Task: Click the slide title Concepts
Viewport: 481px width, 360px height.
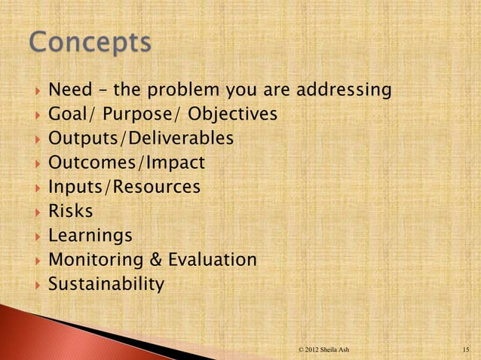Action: tap(90, 44)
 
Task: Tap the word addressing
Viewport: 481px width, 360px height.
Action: tap(345, 91)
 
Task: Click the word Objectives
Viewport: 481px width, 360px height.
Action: tap(233, 115)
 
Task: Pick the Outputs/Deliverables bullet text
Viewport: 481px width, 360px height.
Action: tap(141, 139)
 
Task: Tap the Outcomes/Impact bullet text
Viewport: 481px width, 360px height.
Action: tap(127, 163)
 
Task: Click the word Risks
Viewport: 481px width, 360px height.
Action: tap(71, 212)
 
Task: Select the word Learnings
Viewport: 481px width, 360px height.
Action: tap(90, 236)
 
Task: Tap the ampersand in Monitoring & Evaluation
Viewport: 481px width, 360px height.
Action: tap(154, 260)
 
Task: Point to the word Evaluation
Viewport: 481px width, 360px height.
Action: tap(212, 260)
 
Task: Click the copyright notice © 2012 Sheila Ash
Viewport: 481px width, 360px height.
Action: tap(323, 349)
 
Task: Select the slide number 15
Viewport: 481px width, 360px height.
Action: tap(467, 349)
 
